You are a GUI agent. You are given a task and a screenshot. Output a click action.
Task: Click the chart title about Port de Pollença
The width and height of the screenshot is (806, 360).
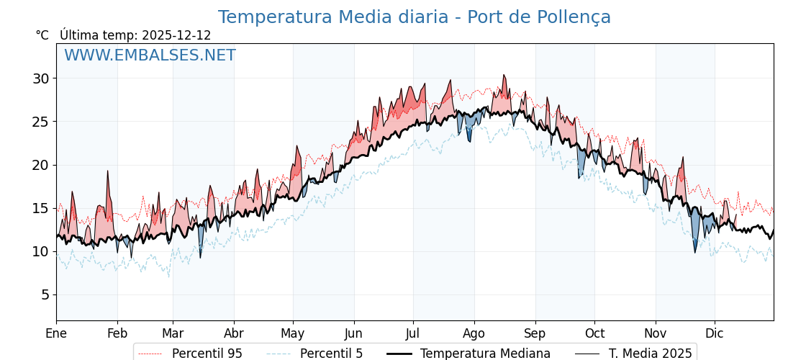click(414, 17)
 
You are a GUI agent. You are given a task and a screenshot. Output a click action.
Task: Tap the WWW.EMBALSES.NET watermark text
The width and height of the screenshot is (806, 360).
click(150, 55)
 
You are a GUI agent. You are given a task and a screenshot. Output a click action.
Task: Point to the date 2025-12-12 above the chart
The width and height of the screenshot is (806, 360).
click(176, 35)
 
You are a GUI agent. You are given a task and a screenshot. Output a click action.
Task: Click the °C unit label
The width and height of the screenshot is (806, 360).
click(42, 35)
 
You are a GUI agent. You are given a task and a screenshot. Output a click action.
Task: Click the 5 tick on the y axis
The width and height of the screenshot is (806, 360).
click(45, 294)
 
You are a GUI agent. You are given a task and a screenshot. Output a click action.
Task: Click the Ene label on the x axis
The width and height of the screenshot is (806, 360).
click(56, 333)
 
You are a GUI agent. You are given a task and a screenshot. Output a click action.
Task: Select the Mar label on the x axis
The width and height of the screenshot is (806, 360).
click(173, 333)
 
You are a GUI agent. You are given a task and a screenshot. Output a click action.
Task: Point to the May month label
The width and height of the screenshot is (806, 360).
click(293, 333)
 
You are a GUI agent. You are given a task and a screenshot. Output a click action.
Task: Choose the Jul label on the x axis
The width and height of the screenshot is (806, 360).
click(413, 333)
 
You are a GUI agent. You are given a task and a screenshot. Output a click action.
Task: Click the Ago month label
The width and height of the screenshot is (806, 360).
click(474, 333)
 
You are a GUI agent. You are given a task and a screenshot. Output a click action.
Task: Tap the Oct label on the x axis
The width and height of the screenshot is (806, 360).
click(594, 333)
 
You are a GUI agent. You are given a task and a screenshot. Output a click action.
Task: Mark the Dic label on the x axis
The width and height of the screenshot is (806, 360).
click(715, 333)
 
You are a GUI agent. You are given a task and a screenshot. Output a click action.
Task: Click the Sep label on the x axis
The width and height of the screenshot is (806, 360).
click(535, 333)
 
